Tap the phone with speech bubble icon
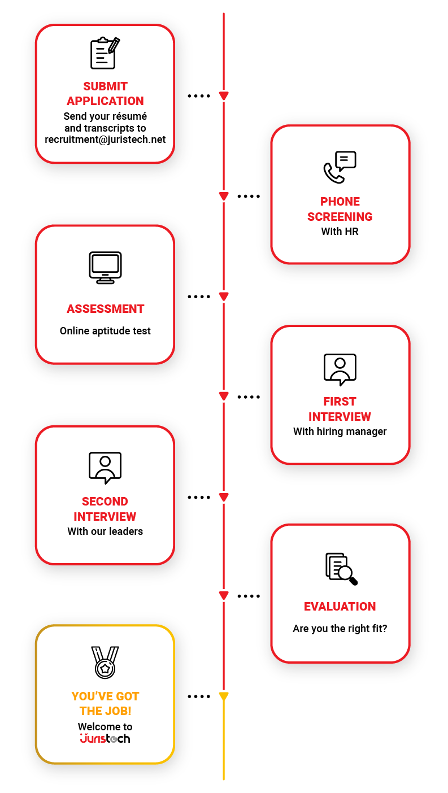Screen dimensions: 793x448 click(340, 167)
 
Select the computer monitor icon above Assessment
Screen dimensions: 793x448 click(105, 268)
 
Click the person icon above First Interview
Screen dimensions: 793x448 click(340, 369)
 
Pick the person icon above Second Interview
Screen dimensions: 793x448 click(105, 468)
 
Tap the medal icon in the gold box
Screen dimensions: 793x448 click(105, 662)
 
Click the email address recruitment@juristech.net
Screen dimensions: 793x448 click(105, 140)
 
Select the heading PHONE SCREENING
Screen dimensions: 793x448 click(340, 209)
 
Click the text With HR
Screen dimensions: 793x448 click(340, 232)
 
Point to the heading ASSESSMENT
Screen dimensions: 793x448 click(105, 309)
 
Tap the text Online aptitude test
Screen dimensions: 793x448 click(105, 331)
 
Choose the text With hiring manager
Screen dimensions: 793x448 click(340, 432)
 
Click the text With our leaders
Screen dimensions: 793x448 click(105, 531)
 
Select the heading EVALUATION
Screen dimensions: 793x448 click(340, 607)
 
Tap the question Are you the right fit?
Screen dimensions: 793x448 click(340, 629)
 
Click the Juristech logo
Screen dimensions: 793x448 click(105, 738)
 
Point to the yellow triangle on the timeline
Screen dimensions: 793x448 click(224, 696)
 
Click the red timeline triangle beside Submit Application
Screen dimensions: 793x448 click(224, 96)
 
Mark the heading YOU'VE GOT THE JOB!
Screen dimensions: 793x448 click(105, 704)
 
